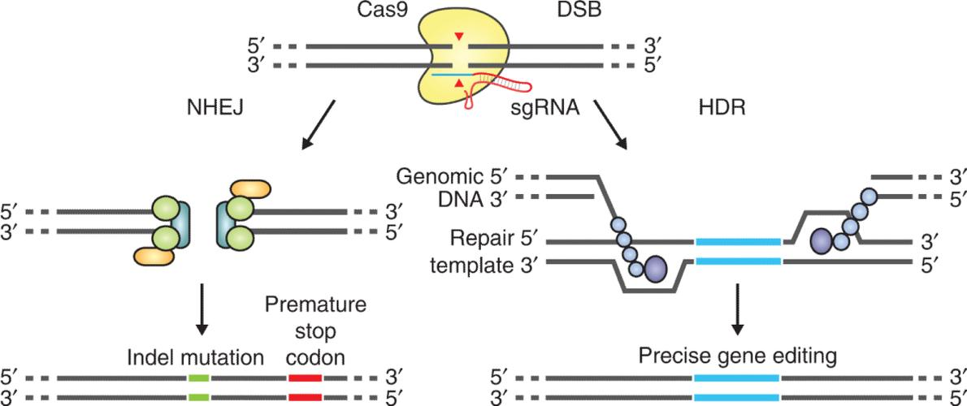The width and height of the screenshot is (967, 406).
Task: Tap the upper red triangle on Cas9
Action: (461, 37)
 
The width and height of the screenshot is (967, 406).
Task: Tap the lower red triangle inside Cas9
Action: (461, 84)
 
